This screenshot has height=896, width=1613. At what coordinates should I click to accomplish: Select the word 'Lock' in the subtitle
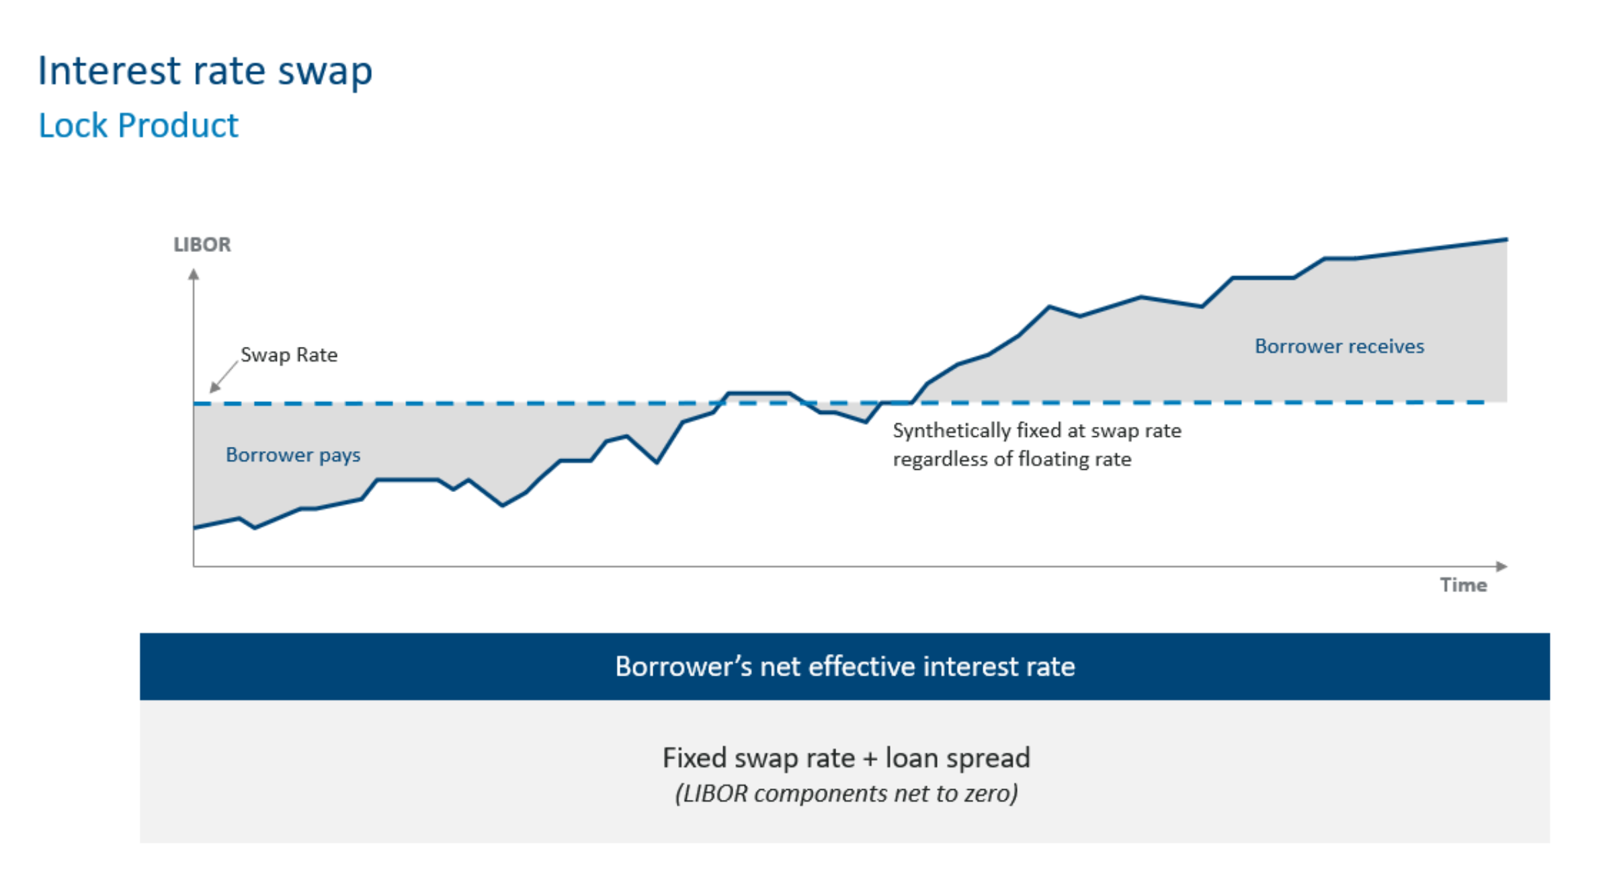tap(73, 126)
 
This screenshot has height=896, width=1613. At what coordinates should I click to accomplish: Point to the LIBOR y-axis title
tap(202, 245)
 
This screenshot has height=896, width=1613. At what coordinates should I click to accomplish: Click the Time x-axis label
tap(1463, 585)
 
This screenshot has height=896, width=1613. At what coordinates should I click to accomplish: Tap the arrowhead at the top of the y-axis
tap(194, 274)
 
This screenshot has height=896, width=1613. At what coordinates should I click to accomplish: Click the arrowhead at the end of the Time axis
tap(1502, 567)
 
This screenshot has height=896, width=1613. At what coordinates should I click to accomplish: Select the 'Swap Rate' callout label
tap(289, 355)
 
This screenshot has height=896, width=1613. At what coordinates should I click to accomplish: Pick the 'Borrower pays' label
tap(293, 455)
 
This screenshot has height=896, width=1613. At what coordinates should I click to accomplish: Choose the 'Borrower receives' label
tap(1339, 346)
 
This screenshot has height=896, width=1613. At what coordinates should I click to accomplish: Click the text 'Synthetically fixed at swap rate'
tap(1036, 430)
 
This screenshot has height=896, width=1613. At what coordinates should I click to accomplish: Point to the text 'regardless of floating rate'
tap(1011, 459)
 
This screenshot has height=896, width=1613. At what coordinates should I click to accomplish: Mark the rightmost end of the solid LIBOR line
tap(1506, 239)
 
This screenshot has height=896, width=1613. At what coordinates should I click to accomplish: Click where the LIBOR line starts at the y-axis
tap(195, 527)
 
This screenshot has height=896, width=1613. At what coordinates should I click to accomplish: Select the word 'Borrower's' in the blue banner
tap(684, 667)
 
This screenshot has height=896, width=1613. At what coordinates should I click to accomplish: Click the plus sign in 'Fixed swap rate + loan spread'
tap(870, 759)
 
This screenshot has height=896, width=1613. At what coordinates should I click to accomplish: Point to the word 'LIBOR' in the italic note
tap(714, 794)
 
